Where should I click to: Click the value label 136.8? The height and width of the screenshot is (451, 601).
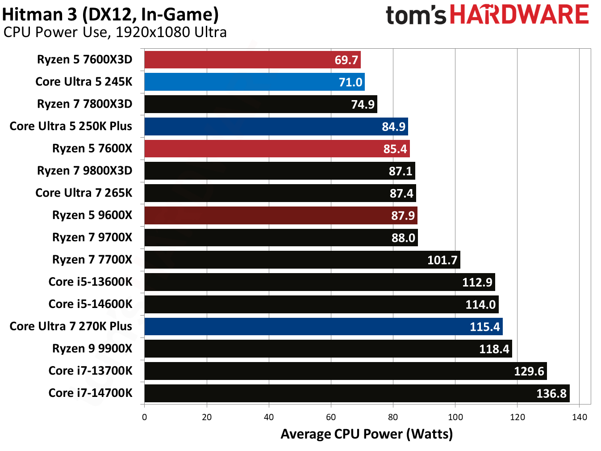pos(551,394)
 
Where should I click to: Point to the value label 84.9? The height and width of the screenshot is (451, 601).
pos(393,127)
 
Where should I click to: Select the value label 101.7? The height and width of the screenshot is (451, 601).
pos(442,260)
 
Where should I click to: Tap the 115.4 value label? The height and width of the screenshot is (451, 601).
pos(484,327)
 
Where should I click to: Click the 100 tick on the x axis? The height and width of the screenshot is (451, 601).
pos(455,417)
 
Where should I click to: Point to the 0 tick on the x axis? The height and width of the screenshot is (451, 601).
pos(144,417)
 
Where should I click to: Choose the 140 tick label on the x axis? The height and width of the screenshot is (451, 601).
pos(580,417)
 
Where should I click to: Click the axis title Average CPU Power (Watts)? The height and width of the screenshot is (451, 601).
pos(367,434)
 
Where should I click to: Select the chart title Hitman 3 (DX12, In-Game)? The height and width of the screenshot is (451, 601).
pos(110,14)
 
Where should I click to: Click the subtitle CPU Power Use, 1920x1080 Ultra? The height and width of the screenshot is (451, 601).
pos(115,32)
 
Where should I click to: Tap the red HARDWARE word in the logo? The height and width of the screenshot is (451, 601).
pos(519,15)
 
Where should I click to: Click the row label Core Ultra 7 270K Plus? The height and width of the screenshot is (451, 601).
pos(71,326)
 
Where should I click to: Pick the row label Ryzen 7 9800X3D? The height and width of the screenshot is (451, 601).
pos(84,171)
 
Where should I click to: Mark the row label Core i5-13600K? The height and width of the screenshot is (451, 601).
pos(90,282)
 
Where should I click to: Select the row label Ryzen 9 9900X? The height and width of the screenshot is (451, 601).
pos(92,349)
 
